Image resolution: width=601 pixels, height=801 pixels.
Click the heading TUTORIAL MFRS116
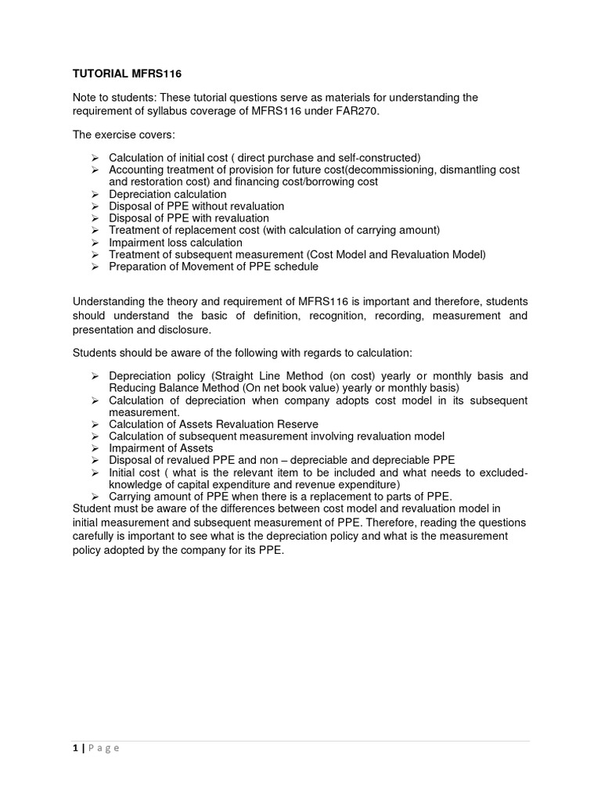(127, 73)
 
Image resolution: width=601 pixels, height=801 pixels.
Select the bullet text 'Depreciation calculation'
(167, 194)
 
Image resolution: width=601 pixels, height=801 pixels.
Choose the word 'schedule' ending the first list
(297, 267)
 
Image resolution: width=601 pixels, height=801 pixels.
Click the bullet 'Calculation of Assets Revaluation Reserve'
(214, 424)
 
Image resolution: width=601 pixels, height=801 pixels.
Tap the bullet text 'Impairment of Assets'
(160, 448)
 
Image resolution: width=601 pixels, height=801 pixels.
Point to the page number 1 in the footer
(75, 748)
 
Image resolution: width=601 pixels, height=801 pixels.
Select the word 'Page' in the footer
(103, 748)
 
